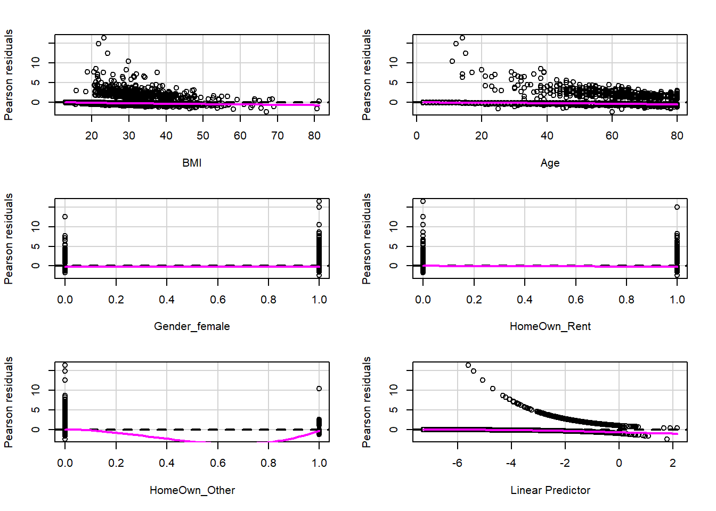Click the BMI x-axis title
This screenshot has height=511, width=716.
[x=192, y=163]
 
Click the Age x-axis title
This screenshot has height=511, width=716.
[x=550, y=163]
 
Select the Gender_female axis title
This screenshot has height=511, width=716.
[x=192, y=326]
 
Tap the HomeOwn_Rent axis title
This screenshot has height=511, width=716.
[x=550, y=326]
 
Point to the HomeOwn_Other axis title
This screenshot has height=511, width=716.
[x=192, y=490]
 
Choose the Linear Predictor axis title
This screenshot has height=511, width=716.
[x=550, y=490]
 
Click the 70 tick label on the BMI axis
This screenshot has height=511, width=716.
[x=277, y=136]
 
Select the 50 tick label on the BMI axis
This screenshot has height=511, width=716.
[x=203, y=136]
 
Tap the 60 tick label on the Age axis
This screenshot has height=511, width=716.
[x=612, y=136]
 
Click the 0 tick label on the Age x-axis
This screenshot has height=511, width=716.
[x=417, y=136]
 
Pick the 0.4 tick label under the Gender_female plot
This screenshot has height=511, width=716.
[x=167, y=300]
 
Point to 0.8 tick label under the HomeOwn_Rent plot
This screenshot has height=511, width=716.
[x=626, y=300]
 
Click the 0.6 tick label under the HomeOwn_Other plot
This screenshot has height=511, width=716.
[x=217, y=463]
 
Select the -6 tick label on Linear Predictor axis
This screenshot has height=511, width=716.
[x=457, y=463]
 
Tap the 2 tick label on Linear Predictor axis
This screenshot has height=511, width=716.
[x=673, y=463]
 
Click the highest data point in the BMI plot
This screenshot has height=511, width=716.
[x=104, y=38]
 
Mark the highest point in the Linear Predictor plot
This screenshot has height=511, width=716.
[x=468, y=365]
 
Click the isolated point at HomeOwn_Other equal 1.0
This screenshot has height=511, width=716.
[x=319, y=389]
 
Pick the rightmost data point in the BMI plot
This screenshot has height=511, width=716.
[x=319, y=101]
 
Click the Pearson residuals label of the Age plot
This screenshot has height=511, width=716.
[x=367, y=75]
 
